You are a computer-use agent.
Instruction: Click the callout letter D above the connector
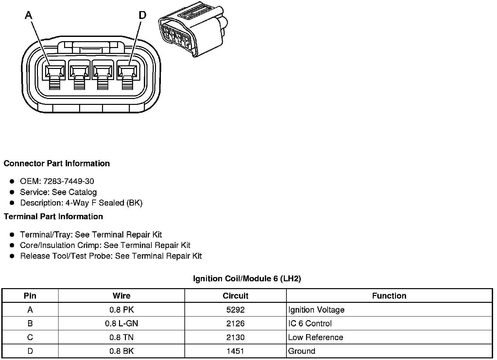(142, 15)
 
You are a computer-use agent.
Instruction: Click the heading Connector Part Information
(57, 163)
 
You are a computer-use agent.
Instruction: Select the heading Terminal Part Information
(53, 217)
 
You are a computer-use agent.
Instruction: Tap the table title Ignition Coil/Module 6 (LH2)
(247, 279)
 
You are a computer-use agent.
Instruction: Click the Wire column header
(121, 296)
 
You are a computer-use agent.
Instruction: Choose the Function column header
(389, 296)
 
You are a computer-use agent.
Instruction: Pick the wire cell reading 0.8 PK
(121, 310)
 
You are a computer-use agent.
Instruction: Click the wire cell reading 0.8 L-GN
(121, 323)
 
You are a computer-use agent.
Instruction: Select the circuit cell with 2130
(235, 337)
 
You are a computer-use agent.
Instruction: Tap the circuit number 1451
(235, 351)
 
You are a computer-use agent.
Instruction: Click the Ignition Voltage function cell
(316, 310)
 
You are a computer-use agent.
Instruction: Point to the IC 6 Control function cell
(310, 323)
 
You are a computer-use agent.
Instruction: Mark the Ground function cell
(301, 351)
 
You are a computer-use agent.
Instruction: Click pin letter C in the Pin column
(30, 337)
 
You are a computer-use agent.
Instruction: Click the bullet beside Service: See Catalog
(12, 192)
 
